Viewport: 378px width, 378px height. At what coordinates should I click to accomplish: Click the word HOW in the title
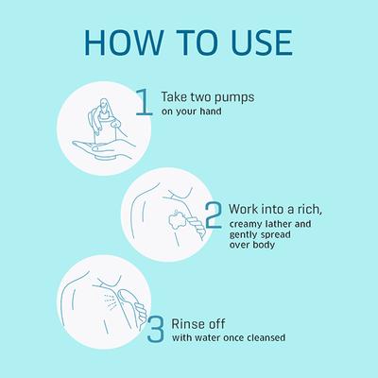[123, 43]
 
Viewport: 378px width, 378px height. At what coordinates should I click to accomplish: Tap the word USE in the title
[262, 43]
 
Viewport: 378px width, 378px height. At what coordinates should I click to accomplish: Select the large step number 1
[145, 102]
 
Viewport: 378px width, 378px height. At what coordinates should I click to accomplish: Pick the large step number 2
[214, 215]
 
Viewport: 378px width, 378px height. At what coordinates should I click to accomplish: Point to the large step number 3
[156, 330]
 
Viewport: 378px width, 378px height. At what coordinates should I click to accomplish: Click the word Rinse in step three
[187, 324]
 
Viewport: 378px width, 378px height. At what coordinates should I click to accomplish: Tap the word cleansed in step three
[266, 337]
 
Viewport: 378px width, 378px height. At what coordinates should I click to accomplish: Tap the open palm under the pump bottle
[104, 147]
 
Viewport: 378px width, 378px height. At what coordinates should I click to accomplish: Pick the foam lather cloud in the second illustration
[177, 221]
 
